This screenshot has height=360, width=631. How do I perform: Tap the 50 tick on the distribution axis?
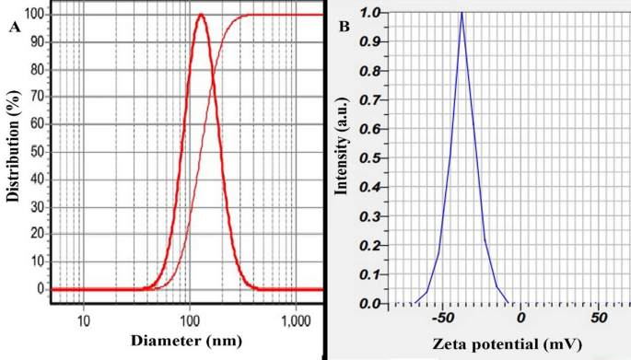(34, 152)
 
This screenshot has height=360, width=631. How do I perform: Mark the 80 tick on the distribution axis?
(34, 70)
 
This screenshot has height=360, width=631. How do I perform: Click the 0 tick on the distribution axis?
(38, 289)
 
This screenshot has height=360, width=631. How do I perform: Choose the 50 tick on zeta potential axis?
(598, 318)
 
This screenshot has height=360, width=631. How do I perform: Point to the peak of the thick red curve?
(201, 15)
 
